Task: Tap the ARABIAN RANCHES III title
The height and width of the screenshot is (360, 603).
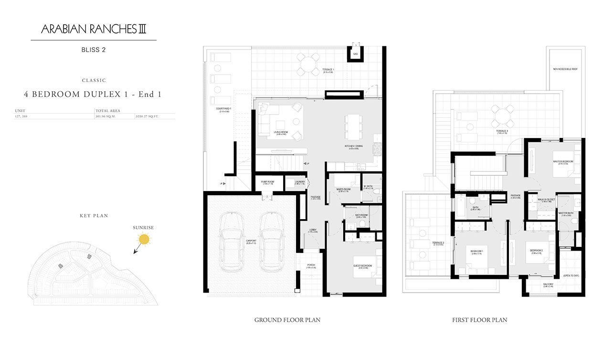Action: click(94, 30)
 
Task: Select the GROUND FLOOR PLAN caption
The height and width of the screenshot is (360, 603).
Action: click(287, 320)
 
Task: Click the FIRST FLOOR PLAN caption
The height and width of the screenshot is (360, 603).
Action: click(479, 320)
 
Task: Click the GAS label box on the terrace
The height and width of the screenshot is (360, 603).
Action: click(355, 54)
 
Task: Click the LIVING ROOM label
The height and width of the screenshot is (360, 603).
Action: click(281, 133)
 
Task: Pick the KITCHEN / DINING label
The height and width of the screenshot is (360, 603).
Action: click(354, 146)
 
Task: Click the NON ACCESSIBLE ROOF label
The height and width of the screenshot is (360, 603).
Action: click(565, 69)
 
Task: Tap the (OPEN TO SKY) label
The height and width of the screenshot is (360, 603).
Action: click(571, 275)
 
